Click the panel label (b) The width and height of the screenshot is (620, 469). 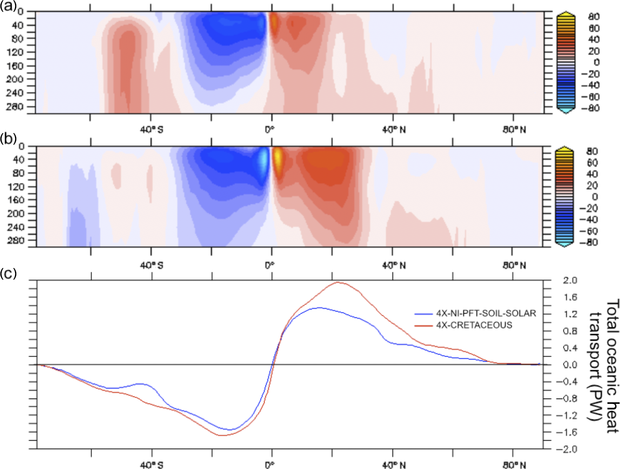pos(8,138)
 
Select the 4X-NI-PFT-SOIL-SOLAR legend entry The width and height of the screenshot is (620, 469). pos(486,313)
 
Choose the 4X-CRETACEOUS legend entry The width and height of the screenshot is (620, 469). pos(474,325)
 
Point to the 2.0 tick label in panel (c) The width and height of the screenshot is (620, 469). pos(570,280)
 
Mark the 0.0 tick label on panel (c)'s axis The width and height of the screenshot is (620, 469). pos(570,365)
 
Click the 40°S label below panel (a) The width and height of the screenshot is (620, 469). pos(152,130)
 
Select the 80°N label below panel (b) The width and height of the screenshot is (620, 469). pos(514,265)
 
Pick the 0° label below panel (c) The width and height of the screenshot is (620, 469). pos(270,465)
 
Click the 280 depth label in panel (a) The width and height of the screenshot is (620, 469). pos(15,107)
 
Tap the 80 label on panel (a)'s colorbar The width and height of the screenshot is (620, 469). pos(594,17)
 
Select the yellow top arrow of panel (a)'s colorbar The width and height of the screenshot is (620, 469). pos(566,15)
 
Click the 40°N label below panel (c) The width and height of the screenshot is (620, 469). pos(394,465)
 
